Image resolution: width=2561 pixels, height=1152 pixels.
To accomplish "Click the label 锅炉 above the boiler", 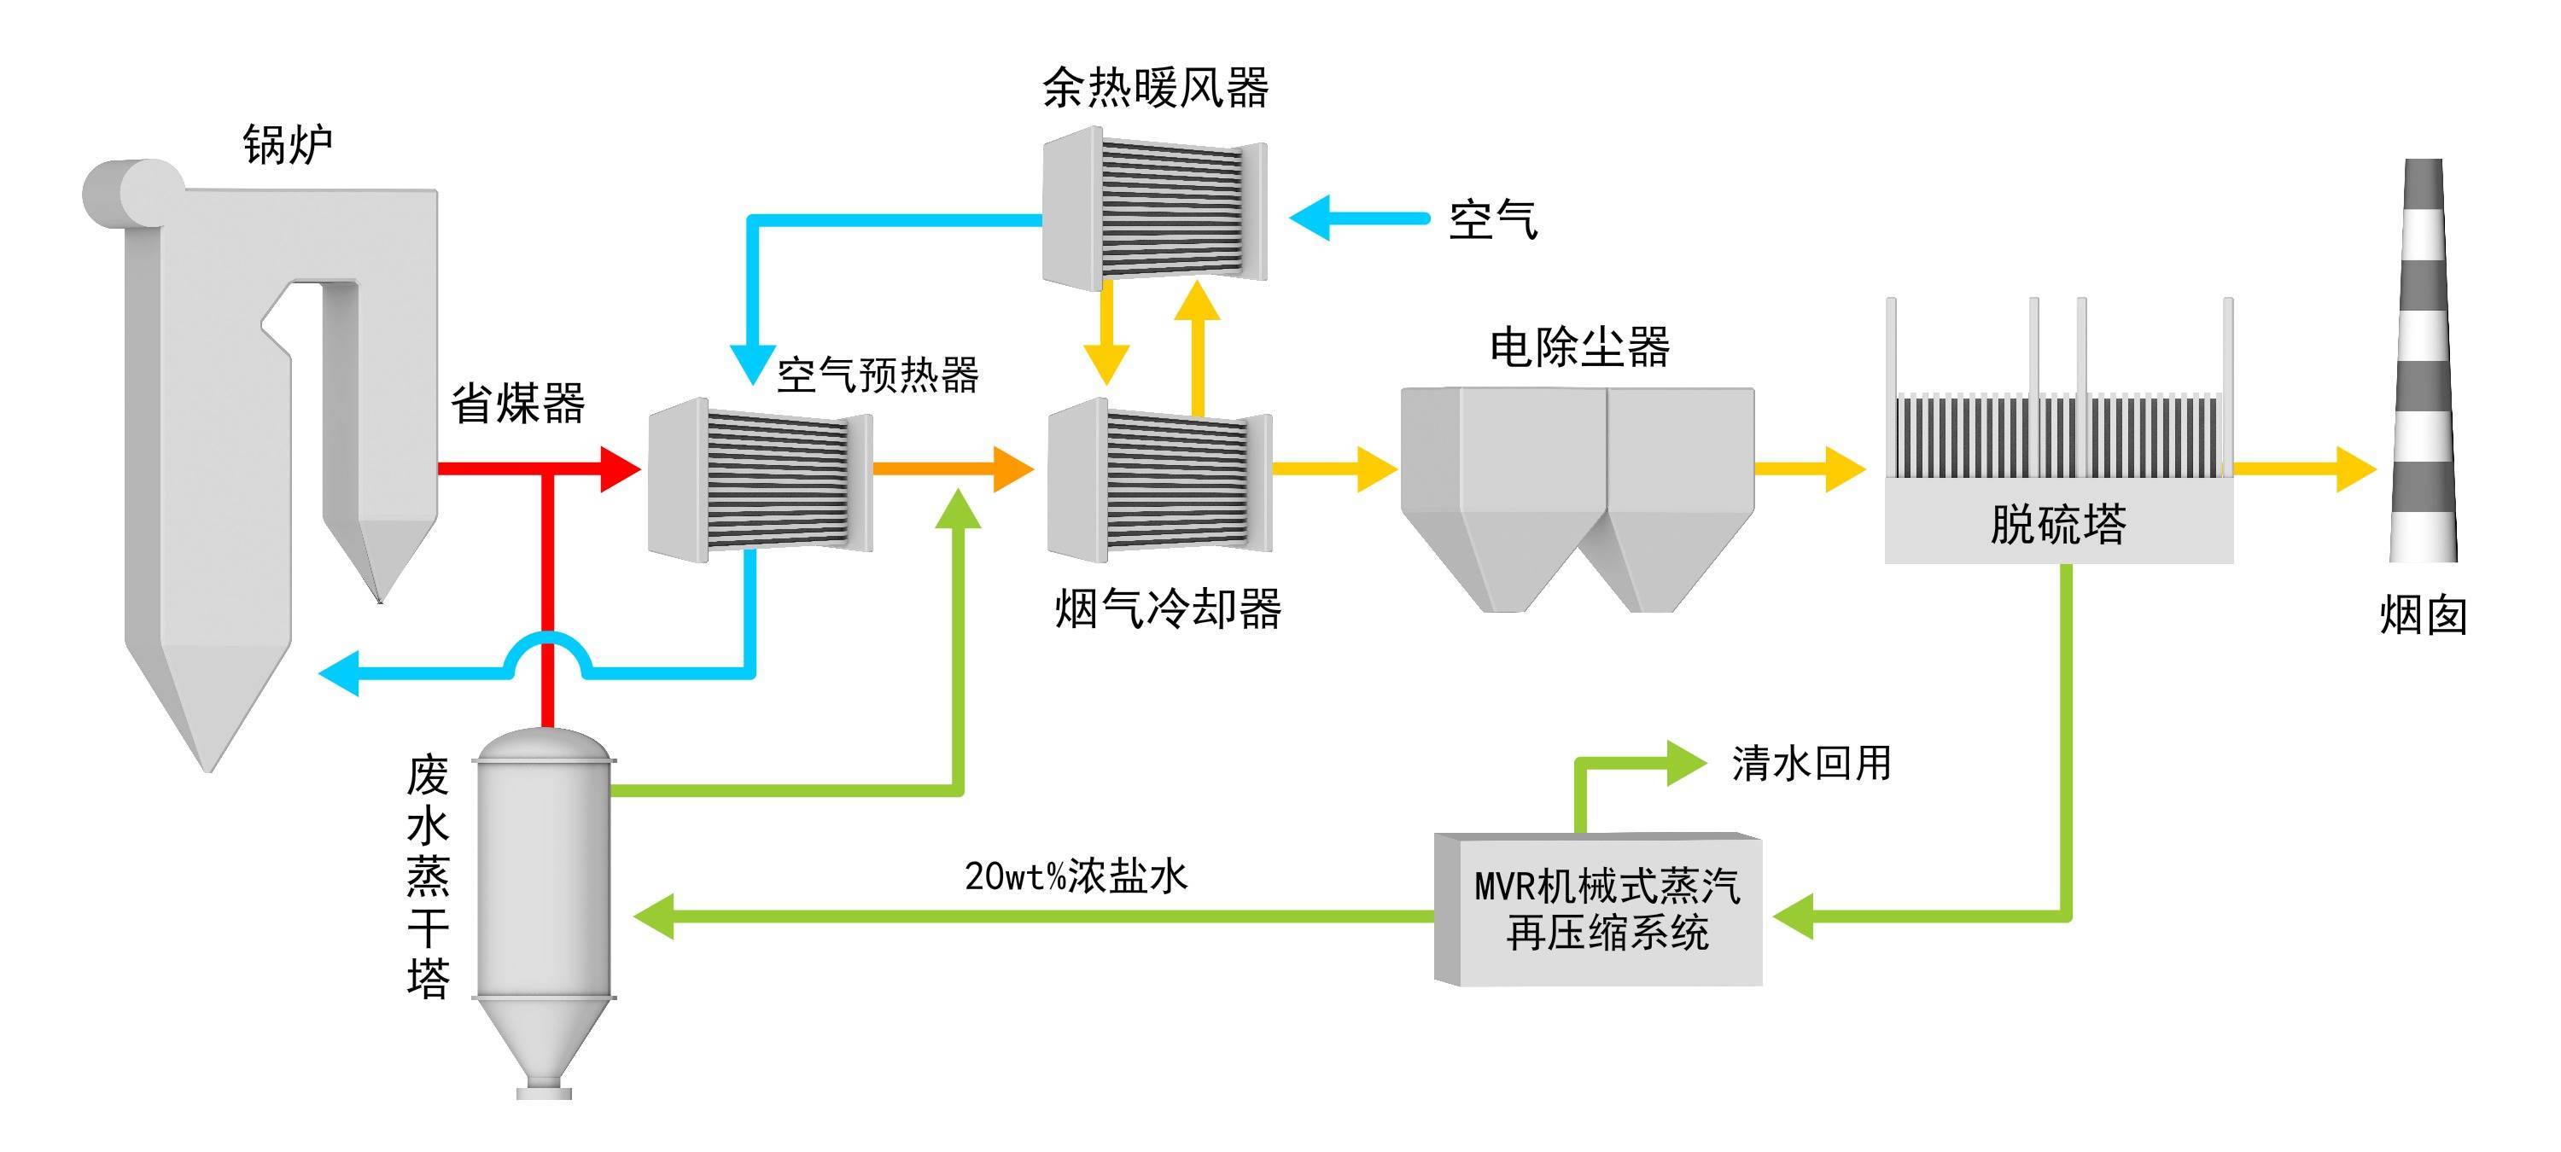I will pos(288,145).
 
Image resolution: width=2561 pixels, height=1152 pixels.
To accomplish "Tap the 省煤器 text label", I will pos(518,404).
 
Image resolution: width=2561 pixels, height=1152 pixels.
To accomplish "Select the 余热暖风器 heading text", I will pos(1155,88).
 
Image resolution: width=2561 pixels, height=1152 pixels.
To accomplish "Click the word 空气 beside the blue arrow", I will pos(1492,219).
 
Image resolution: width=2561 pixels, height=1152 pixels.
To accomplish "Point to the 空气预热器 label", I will pos(878,375).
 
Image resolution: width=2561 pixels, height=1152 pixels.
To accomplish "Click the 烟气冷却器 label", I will pos(1168,608).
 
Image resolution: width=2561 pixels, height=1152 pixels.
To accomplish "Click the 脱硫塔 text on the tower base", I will pos(2058,524).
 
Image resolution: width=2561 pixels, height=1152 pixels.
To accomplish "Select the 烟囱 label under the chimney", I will pos(2423,615).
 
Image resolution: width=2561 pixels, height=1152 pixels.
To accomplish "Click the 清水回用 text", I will pos(1811,764).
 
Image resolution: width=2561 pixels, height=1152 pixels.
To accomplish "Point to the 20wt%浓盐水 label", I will pos(1076,876).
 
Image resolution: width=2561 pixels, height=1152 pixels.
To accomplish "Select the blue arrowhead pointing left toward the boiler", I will pos(338,674).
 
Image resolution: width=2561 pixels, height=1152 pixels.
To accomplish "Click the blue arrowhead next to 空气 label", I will pos(1310,218).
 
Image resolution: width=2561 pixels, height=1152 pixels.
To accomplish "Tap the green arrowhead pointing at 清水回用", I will pos(1686,762).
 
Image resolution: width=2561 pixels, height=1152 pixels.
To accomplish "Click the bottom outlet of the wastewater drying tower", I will pos(544,1091).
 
